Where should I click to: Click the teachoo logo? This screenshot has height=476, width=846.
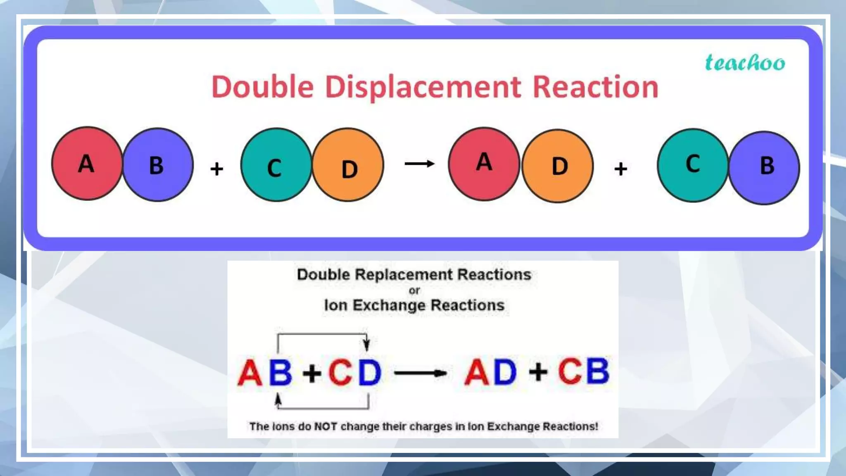745,63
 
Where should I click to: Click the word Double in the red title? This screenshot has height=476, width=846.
263,87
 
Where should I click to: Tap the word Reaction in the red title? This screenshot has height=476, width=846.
595,87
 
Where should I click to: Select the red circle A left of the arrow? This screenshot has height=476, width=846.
87,164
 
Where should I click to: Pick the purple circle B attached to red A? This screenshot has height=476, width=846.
158,165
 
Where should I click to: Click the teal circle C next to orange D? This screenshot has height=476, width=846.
276,165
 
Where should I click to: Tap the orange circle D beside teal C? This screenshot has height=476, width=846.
348,165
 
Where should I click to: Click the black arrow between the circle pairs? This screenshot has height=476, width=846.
419,164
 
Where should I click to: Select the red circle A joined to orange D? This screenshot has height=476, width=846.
484,164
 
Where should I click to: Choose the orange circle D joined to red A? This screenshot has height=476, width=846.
558,166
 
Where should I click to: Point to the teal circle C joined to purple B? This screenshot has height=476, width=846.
693,165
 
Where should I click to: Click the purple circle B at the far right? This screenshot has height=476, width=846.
765,167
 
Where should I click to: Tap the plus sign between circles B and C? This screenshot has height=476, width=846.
216,169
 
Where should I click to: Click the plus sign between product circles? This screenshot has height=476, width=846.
620,169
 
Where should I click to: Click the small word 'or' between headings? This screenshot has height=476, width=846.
414,291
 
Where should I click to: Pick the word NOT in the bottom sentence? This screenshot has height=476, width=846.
326,426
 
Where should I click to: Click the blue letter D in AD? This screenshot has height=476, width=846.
505,372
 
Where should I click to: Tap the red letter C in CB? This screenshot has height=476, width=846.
570,371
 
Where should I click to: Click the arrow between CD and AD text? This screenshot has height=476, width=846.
421,373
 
